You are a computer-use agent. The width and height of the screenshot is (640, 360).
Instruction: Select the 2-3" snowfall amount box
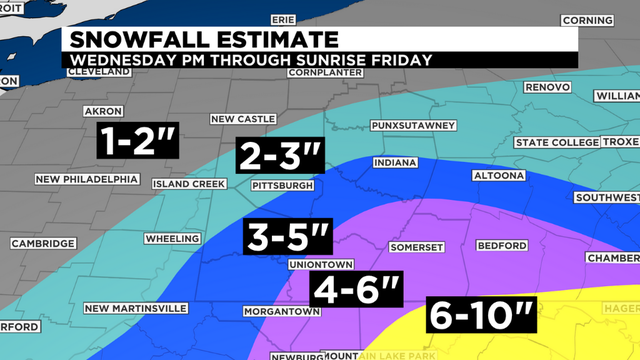280,157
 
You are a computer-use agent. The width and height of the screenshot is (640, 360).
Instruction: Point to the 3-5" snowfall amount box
287,239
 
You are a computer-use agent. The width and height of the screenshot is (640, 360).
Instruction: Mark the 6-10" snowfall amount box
481,316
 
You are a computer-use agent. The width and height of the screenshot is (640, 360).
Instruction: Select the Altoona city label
498,176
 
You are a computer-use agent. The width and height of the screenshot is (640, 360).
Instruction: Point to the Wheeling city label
172,239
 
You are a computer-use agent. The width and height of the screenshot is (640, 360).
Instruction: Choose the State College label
555,142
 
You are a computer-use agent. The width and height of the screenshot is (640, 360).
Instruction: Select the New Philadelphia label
87,179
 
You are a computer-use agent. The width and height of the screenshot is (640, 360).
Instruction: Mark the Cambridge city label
43,243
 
